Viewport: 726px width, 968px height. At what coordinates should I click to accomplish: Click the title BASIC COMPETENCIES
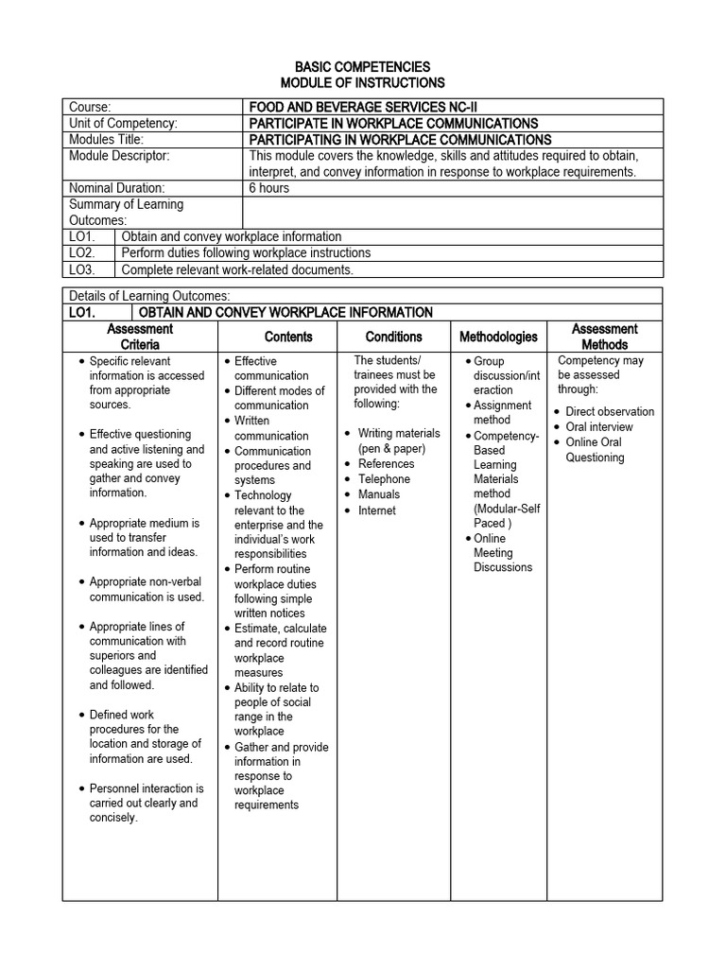(363, 67)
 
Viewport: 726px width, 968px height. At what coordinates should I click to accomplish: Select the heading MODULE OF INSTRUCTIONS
(363, 83)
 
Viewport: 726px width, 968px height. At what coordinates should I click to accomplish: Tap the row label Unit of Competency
(124, 123)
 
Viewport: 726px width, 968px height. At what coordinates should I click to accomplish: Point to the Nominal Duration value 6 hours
(269, 188)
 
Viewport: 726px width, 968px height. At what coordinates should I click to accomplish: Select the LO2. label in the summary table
(83, 253)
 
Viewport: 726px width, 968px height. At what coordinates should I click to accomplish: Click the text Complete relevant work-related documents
(237, 269)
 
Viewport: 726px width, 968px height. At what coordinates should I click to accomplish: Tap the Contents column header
(288, 337)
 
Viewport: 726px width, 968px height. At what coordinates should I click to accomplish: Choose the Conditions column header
(394, 337)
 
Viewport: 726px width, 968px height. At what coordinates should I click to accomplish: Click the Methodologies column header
(498, 337)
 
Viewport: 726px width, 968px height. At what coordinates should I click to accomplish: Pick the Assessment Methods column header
(605, 337)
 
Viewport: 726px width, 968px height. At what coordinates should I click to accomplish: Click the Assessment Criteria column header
(140, 337)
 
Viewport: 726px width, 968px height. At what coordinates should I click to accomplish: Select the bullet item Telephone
(384, 479)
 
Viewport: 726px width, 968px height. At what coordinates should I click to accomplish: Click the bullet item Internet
(376, 510)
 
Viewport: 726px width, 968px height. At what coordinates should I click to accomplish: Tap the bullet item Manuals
(378, 494)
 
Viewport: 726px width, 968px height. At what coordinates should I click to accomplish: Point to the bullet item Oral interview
(599, 427)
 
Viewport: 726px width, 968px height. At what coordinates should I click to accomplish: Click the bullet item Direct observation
(610, 412)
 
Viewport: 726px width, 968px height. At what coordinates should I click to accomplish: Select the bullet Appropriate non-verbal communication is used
(147, 589)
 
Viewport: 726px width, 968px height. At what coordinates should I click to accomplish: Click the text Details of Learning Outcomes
(149, 296)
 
